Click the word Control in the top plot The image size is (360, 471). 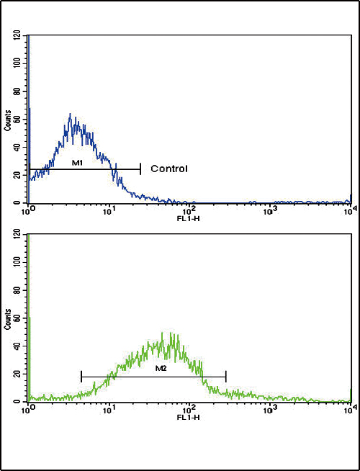[169, 169]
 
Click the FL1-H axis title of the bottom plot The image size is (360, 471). [189, 417]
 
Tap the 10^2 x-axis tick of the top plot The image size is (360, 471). [189, 208]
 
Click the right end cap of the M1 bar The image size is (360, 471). [140, 169]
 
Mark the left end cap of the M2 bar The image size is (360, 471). [82, 376]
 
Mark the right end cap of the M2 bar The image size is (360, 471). [226, 376]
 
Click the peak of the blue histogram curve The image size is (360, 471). [70, 114]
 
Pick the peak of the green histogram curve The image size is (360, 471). [172, 333]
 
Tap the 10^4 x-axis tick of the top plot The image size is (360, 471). [349, 208]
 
